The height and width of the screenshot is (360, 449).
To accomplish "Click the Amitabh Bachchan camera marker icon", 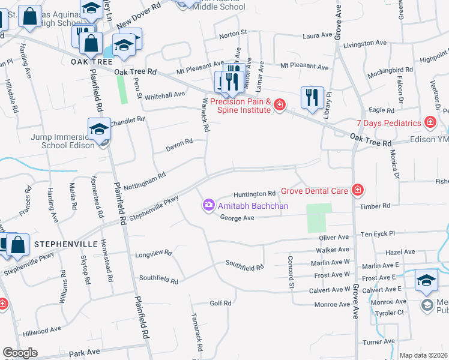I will tap(208, 206).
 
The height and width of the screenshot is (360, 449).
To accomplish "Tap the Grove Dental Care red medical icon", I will tap(358, 191).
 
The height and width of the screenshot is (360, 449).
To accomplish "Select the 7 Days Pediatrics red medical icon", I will tap(430, 123).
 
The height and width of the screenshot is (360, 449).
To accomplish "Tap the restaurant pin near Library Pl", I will tap(312, 97).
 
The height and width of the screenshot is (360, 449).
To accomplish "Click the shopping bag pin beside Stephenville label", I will tap(18, 244).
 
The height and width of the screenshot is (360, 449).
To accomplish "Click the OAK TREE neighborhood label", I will tap(92, 62).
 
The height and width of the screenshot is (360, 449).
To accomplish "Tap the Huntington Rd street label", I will tap(255, 194).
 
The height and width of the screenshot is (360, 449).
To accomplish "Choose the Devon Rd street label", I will tap(179, 143).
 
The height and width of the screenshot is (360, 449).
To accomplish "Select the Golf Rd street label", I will tap(220, 304).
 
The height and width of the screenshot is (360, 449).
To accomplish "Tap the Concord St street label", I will tap(291, 272).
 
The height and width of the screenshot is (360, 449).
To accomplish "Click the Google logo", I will tap(19, 353).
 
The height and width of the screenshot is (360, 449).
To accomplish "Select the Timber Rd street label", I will tap(375, 206).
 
